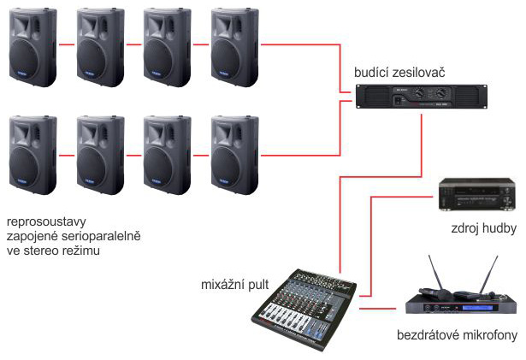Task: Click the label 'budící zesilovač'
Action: pos(399,72)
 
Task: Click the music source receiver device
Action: pos(478,194)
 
